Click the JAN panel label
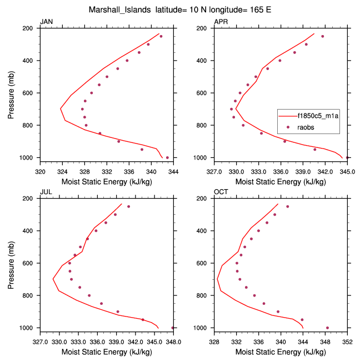[x=47, y=22]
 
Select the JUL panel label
[x=46, y=192]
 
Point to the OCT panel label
[x=221, y=192]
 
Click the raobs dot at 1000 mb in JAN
[x=167, y=157]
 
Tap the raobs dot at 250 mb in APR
[x=322, y=36]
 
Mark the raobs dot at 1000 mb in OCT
[x=327, y=328]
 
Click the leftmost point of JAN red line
[x=61, y=108]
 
